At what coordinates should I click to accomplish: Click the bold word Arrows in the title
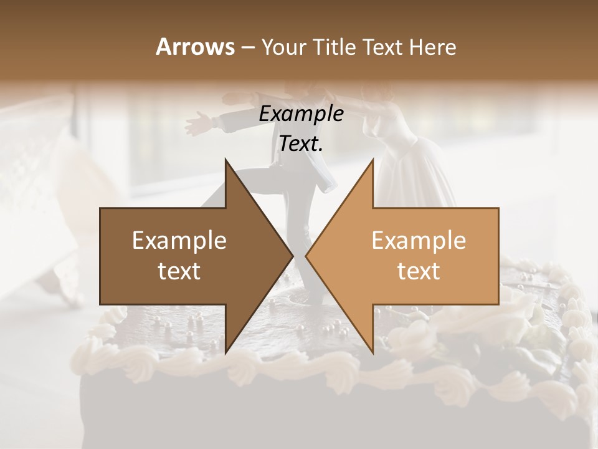point(194,47)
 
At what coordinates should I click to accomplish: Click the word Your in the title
point(283,47)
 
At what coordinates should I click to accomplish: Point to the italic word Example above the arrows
point(301,114)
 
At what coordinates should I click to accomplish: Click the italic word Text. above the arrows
point(301,144)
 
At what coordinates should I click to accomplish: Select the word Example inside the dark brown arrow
point(179,241)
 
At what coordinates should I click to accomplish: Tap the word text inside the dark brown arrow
point(179,271)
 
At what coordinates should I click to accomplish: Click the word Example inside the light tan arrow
point(419,241)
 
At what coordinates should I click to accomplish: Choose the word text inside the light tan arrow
point(419,271)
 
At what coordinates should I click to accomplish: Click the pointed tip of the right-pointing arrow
point(293,256)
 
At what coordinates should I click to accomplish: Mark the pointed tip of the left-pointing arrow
point(306,256)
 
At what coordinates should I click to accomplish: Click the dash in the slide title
point(247,47)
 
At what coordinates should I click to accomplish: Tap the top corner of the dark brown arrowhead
point(225,160)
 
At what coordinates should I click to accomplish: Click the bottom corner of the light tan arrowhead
point(373,352)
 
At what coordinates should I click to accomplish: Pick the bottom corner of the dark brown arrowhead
point(225,352)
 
